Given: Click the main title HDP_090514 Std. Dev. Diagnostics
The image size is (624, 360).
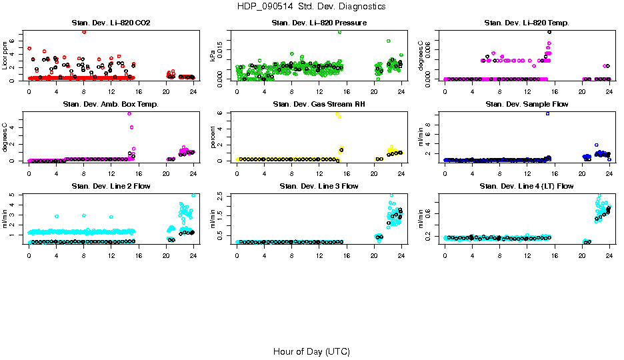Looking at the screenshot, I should tap(311, 7).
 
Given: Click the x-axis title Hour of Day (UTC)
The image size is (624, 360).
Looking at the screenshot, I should tap(311, 351).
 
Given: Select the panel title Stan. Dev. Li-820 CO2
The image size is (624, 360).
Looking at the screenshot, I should tap(111, 23).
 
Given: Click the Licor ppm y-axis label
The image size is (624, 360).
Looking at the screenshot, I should tap(5, 56).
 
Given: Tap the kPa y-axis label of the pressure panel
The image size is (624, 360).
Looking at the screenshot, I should tap(213, 56).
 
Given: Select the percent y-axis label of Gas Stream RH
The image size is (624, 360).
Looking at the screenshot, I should tap(213, 137).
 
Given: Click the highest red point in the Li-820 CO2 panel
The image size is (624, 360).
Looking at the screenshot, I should tap(84, 31).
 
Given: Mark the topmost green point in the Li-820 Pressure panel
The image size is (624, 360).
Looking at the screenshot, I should tap(339, 31).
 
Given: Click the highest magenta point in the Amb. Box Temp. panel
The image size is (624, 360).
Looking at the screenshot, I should tap(129, 113).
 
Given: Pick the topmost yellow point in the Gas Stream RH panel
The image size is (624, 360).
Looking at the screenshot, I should tap(337, 113).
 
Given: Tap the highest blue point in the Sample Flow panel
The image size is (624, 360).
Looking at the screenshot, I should tap(547, 113).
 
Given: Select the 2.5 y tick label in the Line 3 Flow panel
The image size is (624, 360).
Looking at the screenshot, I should tap(222, 195).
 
